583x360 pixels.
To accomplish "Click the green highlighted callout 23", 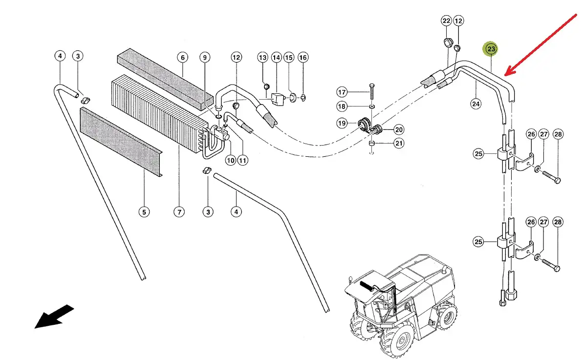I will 491,49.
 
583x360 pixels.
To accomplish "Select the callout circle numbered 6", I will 182,58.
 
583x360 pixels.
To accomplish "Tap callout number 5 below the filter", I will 144,212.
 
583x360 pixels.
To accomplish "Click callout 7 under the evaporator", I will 179,212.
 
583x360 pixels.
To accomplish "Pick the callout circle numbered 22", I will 446,21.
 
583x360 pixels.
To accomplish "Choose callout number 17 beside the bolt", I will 342,92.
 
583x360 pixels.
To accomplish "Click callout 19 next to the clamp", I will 342,123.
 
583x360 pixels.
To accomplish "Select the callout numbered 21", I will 399,143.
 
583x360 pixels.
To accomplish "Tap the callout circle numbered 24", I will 476,103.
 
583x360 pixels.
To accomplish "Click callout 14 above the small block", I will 276,58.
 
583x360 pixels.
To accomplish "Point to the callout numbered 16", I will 302,58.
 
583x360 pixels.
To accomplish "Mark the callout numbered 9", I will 205,58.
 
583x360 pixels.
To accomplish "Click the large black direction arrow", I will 54,317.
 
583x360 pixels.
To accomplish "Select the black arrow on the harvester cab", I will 366,285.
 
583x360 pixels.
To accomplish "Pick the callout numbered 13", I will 263,58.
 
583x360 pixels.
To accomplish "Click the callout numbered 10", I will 230,160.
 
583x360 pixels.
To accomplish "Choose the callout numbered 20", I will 399,129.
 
